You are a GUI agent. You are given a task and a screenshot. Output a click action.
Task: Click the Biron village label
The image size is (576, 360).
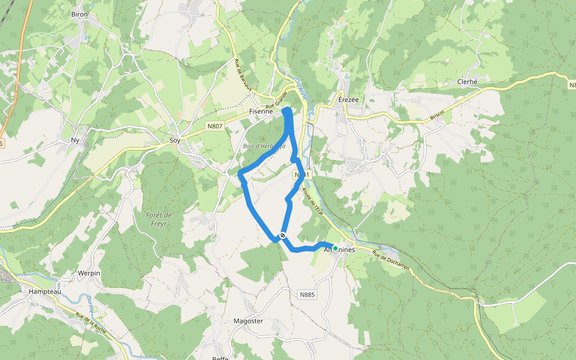79,14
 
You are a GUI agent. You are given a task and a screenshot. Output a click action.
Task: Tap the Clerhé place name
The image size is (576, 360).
467,82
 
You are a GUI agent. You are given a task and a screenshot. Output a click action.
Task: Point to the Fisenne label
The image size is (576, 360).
260,112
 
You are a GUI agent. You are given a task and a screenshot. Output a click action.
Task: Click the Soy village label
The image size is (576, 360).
175,140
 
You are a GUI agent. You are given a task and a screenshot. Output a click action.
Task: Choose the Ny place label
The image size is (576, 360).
75,140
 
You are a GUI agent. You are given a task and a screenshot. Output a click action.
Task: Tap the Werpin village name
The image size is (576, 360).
88,273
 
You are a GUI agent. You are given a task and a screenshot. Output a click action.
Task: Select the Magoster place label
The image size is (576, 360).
248,321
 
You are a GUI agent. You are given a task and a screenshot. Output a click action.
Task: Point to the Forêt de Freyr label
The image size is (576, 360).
159,219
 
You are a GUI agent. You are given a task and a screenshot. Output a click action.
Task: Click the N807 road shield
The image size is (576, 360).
214,126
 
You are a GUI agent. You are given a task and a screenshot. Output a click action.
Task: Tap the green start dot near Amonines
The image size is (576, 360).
335,248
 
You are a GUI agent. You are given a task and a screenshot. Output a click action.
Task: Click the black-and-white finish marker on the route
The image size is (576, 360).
282,235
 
